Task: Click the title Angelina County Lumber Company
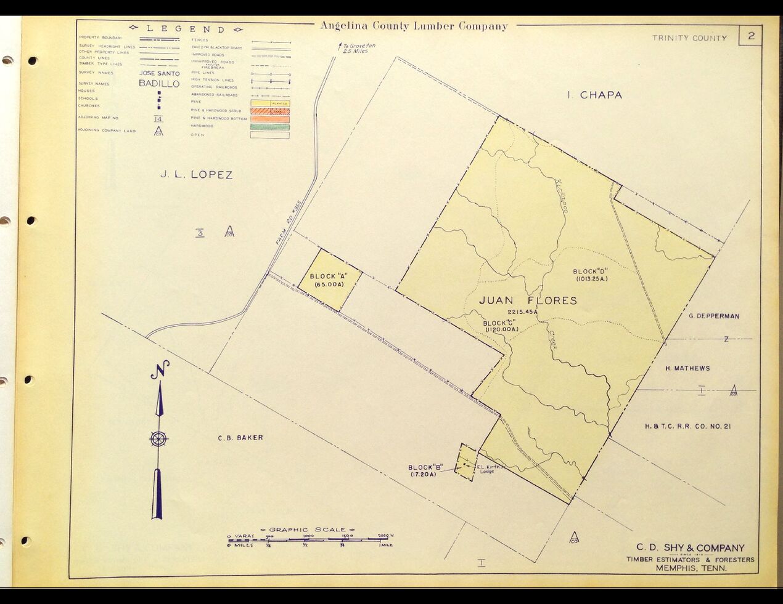pyautogui.click(x=414, y=26)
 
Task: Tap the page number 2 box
pyautogui.click(x=751, y=36)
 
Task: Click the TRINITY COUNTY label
pyautogui.click(x=689, y=38)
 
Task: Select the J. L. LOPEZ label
pyautogui.click(x=197, y=175)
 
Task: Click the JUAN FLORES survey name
pyautogui.click(x=528, y=300)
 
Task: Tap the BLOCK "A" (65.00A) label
pyautogui.click(x=327, y=280)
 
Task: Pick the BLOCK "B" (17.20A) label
pyautogui.click(x=425, y=471)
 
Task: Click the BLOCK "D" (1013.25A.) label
pyautogui.click(x=591, y=275)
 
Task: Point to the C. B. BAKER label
pyautogui.click(x=240, y=438)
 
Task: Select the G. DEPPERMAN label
pyautogui.click(x=714, y=316)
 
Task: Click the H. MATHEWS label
pyautogui.click(x=687, y=368)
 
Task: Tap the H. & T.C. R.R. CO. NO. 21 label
pyautogui.click(x=687, y=426)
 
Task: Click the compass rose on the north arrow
pyautogui.click(x=158, y=439)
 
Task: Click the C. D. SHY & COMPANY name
pyautogui.click(x=690, y=547)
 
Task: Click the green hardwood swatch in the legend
pyautogui.click(x=269, y=127)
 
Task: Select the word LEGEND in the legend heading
pyautogui.click(x=186, y=29)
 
